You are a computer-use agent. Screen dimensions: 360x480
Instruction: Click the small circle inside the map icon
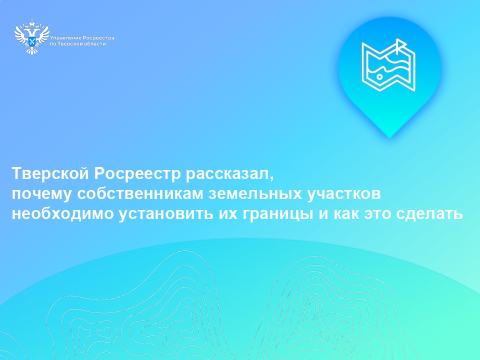point(379,77)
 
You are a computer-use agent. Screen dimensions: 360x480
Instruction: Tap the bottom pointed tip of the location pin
point(389,136)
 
